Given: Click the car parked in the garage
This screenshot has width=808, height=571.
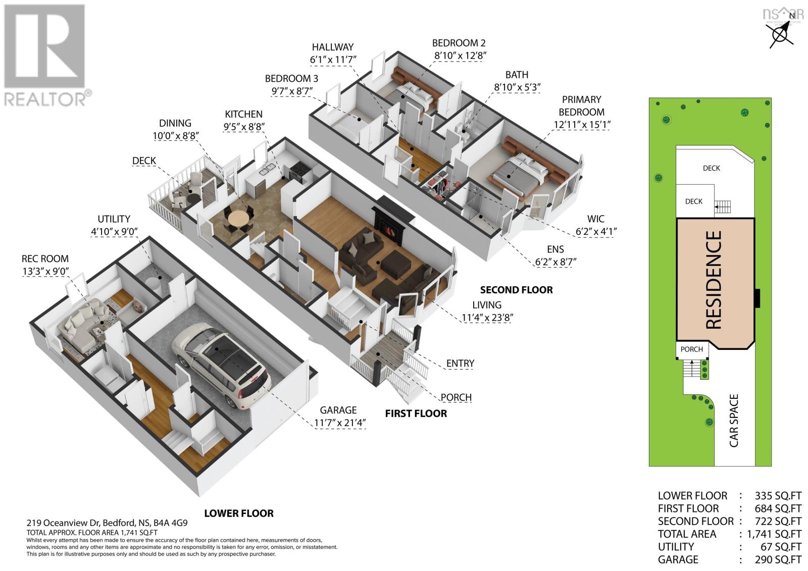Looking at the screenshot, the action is coord(221,365).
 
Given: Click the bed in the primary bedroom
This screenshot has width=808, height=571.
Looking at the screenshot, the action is coord(520,174).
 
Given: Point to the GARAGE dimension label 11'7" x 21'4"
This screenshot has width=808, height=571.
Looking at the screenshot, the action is coord(340,423).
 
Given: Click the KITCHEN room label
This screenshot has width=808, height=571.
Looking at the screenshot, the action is coord(243,114).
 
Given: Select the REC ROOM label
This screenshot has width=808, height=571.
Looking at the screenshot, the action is coord(45,258).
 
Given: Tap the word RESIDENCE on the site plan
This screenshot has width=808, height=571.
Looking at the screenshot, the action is coord(714,280).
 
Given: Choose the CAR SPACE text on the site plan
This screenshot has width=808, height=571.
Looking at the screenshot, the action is coord(734,421).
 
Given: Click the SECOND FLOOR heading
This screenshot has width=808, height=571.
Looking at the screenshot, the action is coord(516,290).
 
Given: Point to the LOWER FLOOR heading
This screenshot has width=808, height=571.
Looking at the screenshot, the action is coord(239,513).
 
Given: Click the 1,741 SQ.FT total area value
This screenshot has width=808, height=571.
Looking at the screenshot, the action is coord(774,534).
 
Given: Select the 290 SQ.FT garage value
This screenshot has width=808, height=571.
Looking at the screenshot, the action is coord(778,559).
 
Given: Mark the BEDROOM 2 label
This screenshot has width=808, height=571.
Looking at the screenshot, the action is coord(459,43).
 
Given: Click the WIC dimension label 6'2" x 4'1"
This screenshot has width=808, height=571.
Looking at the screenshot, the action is coord(596,231).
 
